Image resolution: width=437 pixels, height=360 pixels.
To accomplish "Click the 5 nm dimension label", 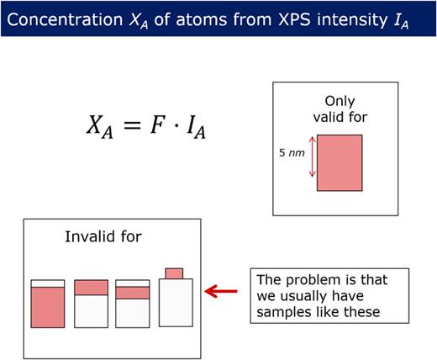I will tap(291, 154).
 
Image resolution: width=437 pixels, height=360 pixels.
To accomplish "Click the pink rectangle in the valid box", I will tap(340, 162).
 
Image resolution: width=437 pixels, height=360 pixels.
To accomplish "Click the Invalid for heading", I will tap(103, 236).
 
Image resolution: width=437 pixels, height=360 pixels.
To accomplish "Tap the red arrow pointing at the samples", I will tap(224, 291).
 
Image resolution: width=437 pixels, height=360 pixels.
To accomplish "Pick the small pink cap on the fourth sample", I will tap(174, 273).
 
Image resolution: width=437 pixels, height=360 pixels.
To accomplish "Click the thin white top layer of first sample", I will tap(48, 283).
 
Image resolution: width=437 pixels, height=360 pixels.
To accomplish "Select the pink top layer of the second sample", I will tap(91, 287).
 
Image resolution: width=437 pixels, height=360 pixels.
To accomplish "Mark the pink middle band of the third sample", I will tap(132, 293).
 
